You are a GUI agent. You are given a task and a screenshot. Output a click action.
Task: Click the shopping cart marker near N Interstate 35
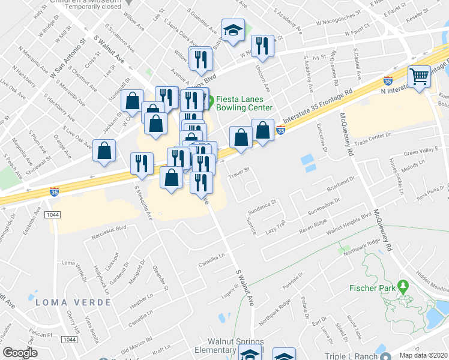pos(419,76)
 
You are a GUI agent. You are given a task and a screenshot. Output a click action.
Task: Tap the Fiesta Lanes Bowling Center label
pos(244,103)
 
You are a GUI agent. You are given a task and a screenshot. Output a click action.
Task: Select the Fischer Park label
pos(372,289)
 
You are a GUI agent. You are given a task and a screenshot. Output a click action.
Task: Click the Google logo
pos(20,353)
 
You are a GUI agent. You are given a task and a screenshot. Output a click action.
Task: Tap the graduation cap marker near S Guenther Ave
pos(233,29)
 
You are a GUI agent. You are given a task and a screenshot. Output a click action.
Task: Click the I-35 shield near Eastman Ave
pos(54,191)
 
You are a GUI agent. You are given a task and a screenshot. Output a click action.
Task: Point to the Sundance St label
pos(262,207)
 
